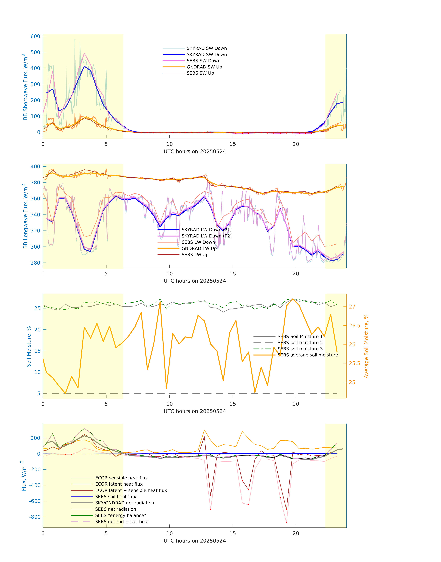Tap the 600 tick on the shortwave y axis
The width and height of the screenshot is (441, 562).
35,36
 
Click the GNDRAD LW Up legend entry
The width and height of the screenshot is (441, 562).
199,248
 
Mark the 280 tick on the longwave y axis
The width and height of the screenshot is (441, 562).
35,263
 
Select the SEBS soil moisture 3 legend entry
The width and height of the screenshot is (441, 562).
300,349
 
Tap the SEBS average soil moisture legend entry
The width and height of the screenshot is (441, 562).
307,355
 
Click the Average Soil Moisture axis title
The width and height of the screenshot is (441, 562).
366,346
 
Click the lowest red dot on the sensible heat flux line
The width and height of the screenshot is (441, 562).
286,523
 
